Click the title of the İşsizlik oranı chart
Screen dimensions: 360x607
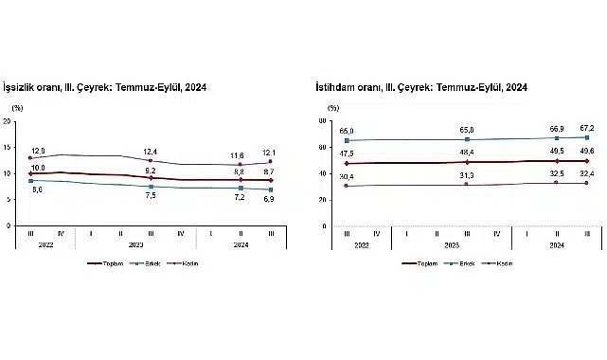coord(105,87)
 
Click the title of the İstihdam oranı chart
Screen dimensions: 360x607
coord(421,87)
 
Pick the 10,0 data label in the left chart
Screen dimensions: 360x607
coord(38,168)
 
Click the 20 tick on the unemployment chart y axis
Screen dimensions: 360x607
coord(8,121)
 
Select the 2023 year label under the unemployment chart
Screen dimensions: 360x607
coord(135,245)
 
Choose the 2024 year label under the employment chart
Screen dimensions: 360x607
coord(556,245)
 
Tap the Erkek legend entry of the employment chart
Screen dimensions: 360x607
coord(468,263)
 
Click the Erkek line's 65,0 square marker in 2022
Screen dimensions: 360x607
coord(347,140)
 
